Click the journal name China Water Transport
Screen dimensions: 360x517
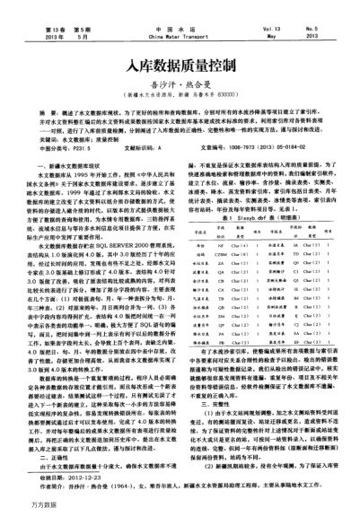pos(180,13)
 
